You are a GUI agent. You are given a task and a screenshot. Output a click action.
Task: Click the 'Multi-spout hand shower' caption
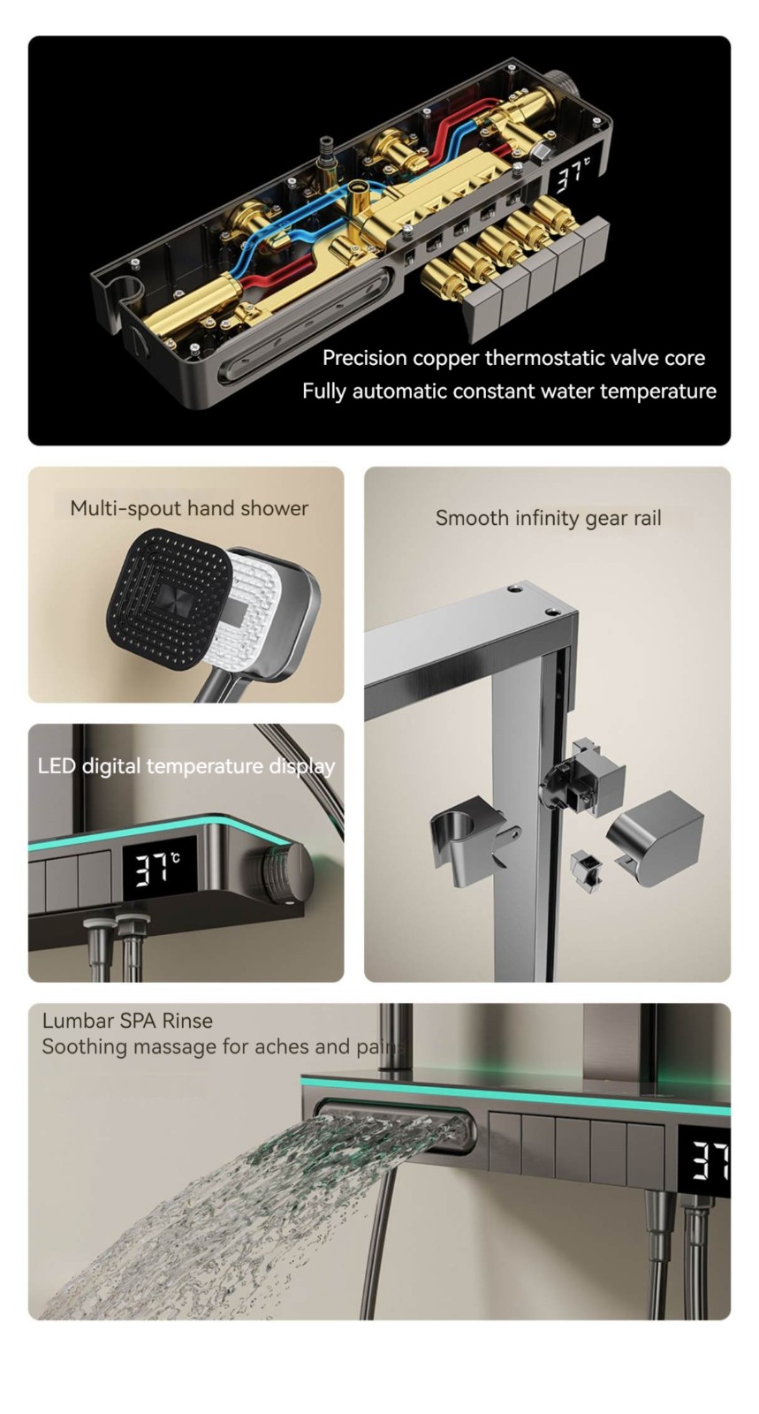(x=189, y=508)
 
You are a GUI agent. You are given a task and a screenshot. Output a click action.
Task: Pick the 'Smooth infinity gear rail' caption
(x=549, y=518)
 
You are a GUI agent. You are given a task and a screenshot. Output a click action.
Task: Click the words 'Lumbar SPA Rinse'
(x=127, y=1021)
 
